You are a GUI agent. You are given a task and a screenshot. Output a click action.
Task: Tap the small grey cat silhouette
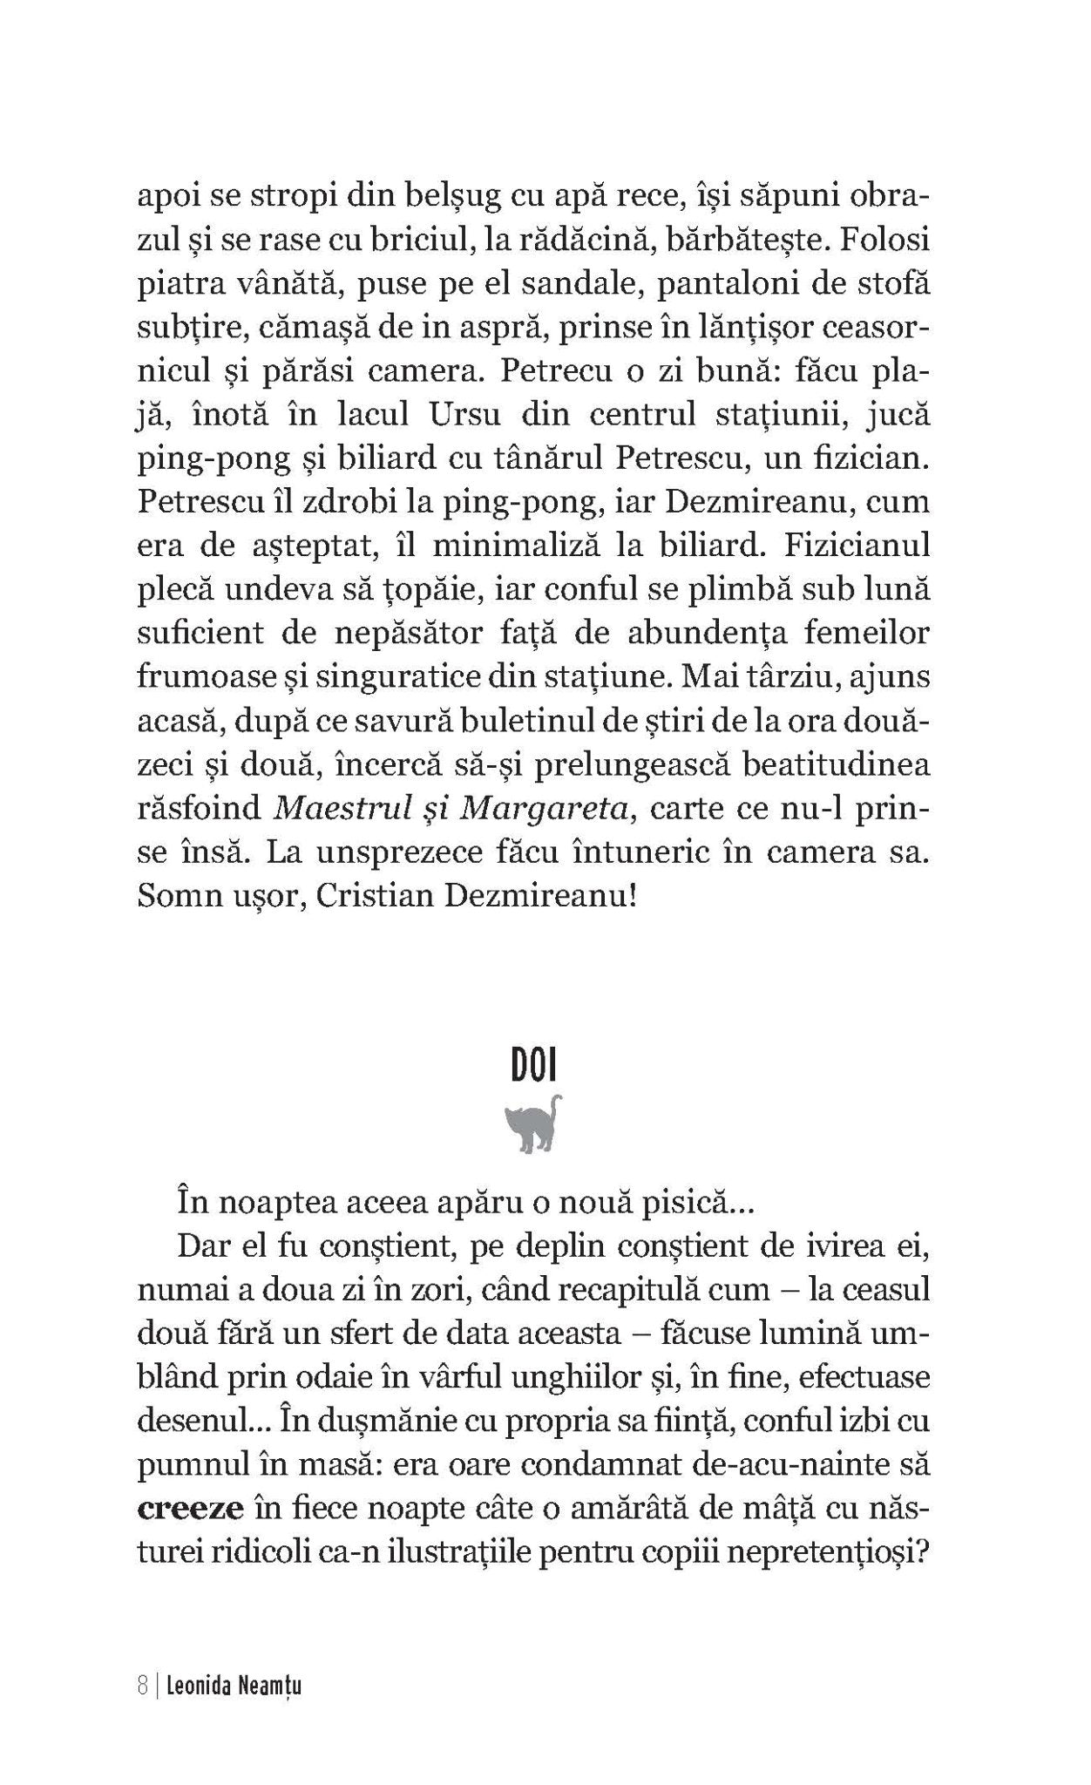point(533,1124)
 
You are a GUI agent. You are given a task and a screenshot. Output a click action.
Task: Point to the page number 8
point(142,1688)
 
